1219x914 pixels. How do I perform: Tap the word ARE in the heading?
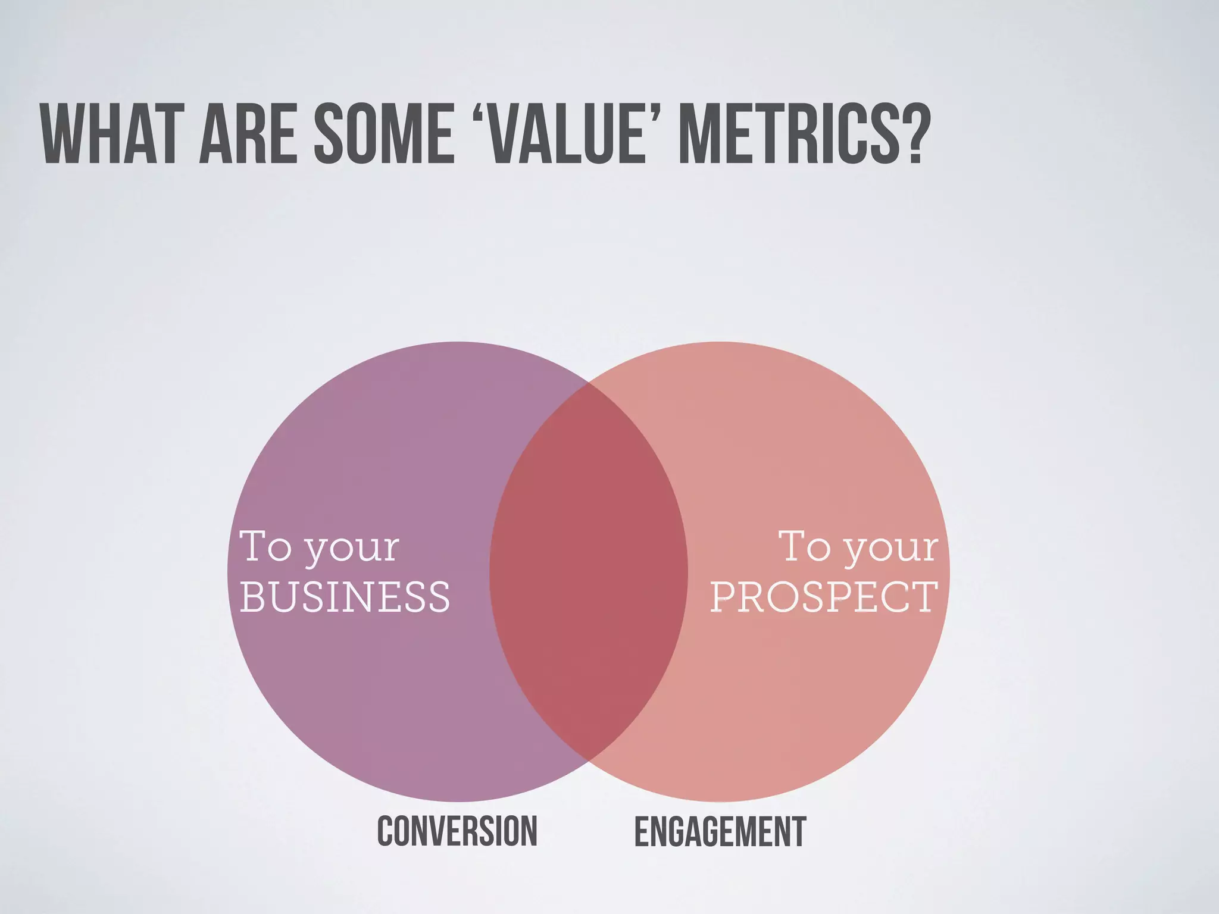(248, 135)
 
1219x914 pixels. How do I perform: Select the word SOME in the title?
(385, 135)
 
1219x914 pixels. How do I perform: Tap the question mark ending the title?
(907, 135)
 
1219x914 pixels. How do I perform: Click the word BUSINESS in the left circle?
(345, 597)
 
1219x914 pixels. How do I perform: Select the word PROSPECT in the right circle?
(824, 597)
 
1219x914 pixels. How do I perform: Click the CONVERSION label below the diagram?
(457, 831)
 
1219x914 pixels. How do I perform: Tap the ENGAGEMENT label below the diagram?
(720, 831)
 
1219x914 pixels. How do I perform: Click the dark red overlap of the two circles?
(589, 571)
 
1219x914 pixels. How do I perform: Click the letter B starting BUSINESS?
(252, 597)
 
